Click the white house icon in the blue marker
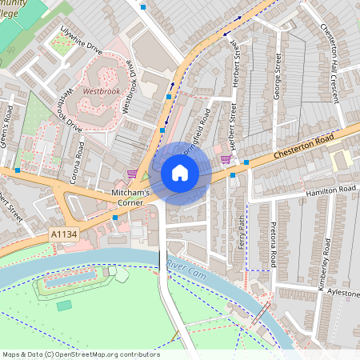(x=180, y=173)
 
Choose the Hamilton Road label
(x=329, y=190)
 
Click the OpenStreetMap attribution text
(x=80, y=354)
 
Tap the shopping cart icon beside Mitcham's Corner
(x=132, y=174)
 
